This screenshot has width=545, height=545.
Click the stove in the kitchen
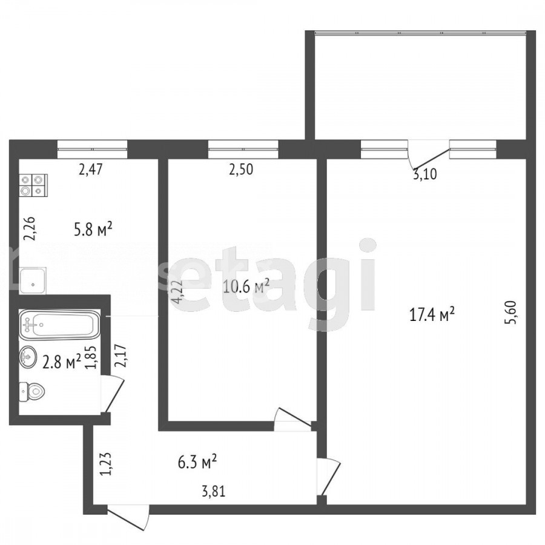(34, 186)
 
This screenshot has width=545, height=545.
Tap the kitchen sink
(33, 281)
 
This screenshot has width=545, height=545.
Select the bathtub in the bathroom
(60, 325)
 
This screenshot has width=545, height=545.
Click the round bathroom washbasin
(28, 356)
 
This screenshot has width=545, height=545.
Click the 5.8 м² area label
(93, 230)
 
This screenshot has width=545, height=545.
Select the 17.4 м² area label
(432, 315)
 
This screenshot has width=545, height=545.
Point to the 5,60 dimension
(512, 312)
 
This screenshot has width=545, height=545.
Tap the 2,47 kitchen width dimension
(90, 170)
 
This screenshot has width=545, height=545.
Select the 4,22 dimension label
(177, 292)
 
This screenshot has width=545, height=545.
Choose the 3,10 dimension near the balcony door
(424, 173)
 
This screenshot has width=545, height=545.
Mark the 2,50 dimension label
(240, 170)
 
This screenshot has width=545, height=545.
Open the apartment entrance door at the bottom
(128, 517)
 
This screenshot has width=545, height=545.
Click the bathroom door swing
(112, 394)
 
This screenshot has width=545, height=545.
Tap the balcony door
(428, 153)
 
